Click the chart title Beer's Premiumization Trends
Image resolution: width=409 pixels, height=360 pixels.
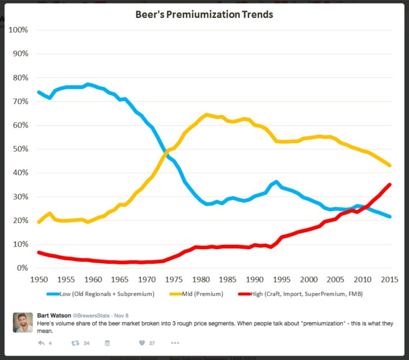[205, 14]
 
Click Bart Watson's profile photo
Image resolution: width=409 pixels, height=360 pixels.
[23, 322]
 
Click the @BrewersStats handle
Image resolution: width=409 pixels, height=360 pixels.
[96, 315]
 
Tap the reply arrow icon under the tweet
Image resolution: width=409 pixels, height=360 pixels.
[41, 342]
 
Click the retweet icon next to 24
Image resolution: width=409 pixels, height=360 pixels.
[75, 342]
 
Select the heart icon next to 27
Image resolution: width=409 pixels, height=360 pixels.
[142, 342]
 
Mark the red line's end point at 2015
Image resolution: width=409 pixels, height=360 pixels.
[389, 184]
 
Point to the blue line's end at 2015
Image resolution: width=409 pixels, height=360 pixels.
[389, 216]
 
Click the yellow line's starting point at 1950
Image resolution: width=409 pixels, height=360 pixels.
[39, 222]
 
